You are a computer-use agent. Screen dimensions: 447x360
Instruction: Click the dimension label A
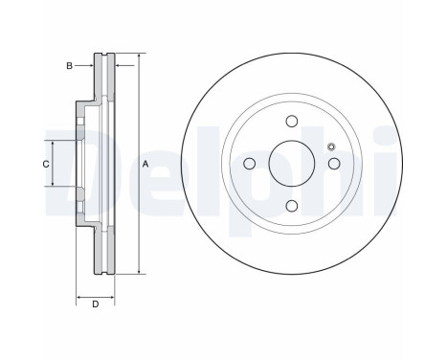click(x=145, y=164)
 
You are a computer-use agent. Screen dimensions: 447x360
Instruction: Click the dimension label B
click(x=69, y=66)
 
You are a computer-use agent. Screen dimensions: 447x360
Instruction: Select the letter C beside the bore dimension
click(x=46, y=164)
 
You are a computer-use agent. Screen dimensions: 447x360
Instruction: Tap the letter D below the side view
click(x=96, y=304)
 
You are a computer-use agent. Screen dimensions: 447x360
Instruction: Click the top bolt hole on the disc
click(x=292, y=122)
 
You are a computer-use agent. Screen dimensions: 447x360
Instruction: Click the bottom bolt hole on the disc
click(x=292, y=206)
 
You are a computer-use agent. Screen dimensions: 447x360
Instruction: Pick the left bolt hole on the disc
click(x=249, y=164)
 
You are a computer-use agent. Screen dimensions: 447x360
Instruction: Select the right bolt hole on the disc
click(x=334, y=164)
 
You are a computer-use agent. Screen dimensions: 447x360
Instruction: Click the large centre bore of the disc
click(x=292, y=164)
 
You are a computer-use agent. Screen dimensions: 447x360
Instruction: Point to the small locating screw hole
click(x=331, y=146)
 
